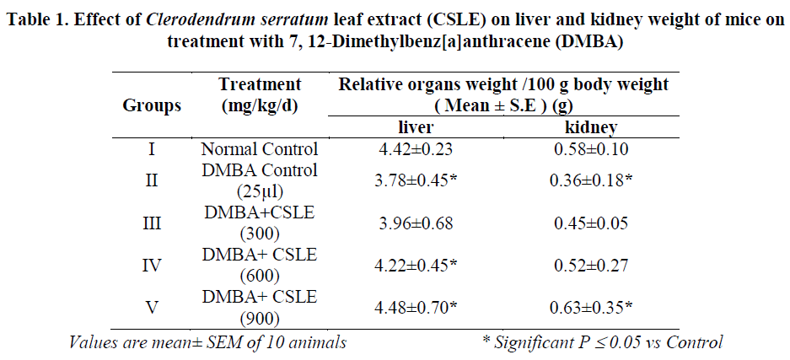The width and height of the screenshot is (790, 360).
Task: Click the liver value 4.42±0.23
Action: click(415, 150)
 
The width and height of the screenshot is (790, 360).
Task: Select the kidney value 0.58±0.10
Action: click(590, 150)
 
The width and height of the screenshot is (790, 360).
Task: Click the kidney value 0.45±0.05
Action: click(590, 224)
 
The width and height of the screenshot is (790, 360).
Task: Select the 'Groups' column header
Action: click(152, 106)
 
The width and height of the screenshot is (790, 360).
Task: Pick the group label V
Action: click(152, 306)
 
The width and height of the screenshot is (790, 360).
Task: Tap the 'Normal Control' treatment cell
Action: click(260, 150)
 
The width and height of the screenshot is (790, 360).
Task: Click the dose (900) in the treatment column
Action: click(260, 320)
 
